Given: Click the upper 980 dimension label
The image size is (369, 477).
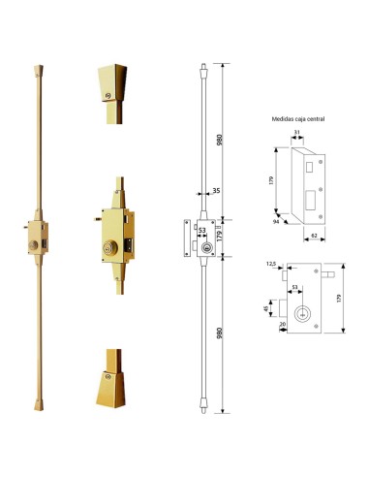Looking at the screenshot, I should [226, 138].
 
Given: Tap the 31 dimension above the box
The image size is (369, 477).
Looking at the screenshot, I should [296, 133].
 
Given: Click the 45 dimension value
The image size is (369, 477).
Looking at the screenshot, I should [267, 311].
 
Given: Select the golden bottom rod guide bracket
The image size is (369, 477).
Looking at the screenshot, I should [114, 380].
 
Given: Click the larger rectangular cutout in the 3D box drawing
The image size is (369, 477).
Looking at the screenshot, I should [307, 203].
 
